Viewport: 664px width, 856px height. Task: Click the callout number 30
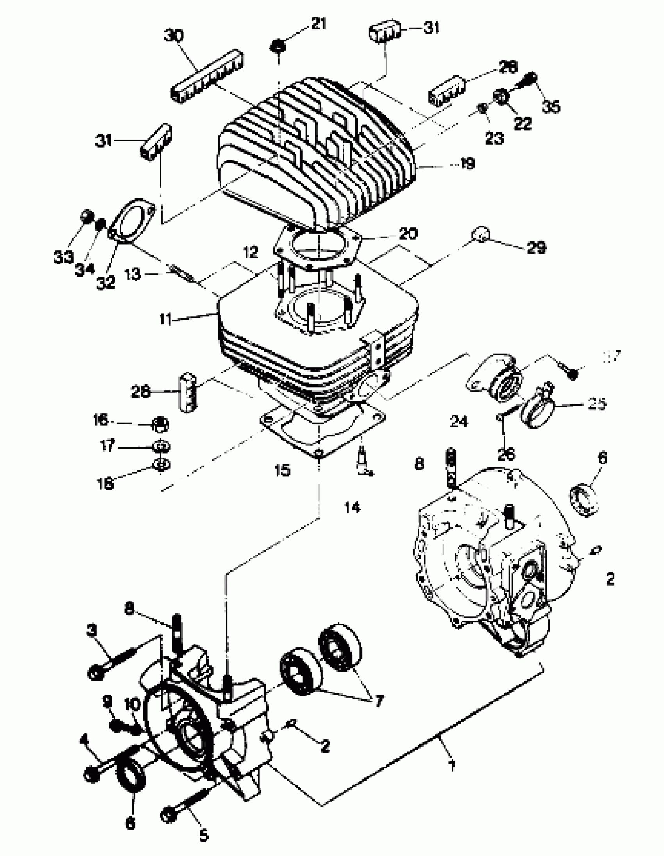[173, 36]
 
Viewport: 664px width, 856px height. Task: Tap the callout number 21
[318, 24]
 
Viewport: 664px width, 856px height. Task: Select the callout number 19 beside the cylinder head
[467, 163]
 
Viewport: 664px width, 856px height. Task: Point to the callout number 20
[408, 234]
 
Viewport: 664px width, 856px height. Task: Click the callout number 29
[536, 247]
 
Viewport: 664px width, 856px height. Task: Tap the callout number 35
[551, 106]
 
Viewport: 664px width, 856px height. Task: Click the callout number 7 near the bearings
[379, 701]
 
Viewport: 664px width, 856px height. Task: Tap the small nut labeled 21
[278, 46]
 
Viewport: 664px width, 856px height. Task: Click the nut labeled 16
[160, 424]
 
